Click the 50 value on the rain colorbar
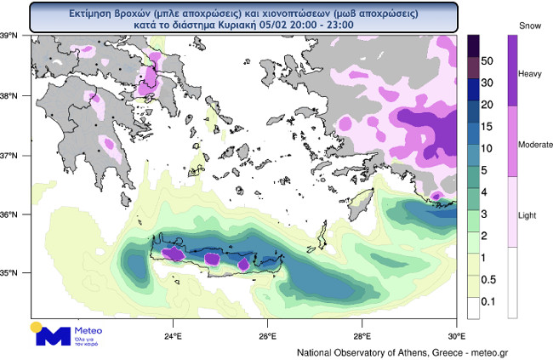coord(488,62)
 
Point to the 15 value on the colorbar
coord(488,126)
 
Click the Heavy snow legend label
coord(529,73)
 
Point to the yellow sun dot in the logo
coord(36,326)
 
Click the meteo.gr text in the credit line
coord(488,351)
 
